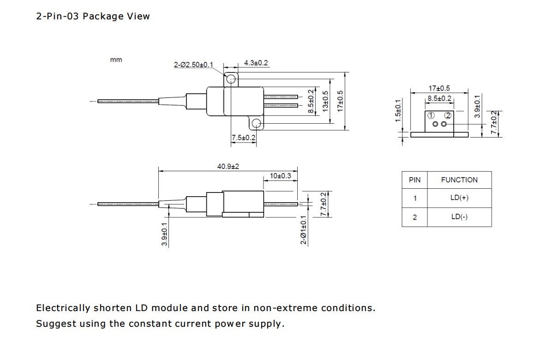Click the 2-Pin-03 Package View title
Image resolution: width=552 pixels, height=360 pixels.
[93, 16]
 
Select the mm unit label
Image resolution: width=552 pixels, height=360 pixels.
[116, 60]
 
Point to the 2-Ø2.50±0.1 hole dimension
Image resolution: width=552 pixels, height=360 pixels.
[193, 65]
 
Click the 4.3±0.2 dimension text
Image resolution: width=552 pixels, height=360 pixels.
[256, 63]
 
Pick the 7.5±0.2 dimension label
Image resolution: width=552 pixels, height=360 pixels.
[243, 138]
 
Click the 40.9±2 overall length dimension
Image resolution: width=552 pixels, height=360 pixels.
[228, 167]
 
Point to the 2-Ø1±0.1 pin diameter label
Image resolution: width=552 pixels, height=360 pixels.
[303, 229]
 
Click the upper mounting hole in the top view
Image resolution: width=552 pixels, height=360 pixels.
[231, 79]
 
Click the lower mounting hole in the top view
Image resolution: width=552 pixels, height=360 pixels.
[257, 123]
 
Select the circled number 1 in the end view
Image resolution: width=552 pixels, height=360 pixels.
[431, 115]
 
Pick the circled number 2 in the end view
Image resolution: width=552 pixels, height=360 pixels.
[447, 115]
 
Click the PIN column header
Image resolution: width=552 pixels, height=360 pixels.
[414, 180]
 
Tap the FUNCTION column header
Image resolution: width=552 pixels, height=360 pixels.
[459, 180]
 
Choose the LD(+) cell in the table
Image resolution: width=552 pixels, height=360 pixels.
[459, 198]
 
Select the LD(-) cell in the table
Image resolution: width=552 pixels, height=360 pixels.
[459, 217]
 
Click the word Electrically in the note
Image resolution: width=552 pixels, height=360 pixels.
[63, 308]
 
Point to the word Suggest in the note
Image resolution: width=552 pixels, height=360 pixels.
[56, 324]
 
